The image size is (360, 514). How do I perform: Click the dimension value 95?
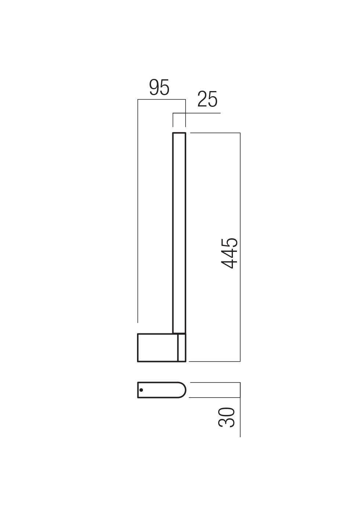[x=159, y=88]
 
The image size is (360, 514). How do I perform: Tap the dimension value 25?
[x=207, y=99]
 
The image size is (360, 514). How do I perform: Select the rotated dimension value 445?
[x=230, y=253]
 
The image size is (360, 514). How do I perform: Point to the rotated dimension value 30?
[x=227, y=417]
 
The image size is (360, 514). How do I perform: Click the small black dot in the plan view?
[x=141, y=390]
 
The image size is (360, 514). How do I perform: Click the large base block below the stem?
[x=158, y=348]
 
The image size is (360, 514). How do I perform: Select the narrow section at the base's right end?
[x=181, y=348]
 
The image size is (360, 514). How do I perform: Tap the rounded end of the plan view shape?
[x=183, y=390]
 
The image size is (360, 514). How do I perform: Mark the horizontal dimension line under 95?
[x=162, y=99]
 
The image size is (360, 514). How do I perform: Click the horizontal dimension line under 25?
[x=198, y=113]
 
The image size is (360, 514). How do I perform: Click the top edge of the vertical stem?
[x=179, y=133]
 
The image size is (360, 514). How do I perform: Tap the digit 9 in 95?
[x=154, y=88]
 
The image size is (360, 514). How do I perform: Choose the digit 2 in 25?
[x=202, y=99]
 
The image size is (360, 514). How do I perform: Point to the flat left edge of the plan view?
[x=138, y=390]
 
